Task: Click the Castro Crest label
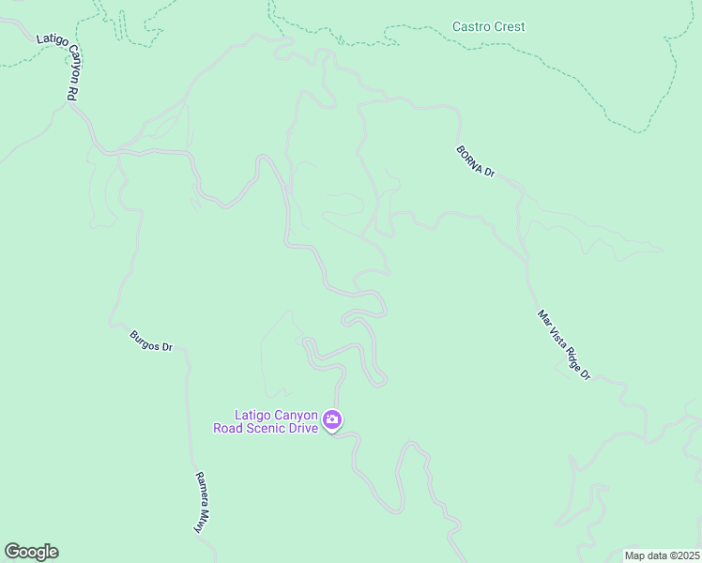tap(488, 26)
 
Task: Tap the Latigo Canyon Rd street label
tap(56, 68)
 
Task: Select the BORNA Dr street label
tap(476, 161)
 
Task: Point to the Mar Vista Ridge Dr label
tap(564, 345)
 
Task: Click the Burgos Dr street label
tap(152, 340)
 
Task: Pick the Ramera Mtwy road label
tap(200, 501)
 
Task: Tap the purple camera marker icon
tap(332, 420)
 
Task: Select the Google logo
tap(31, 552)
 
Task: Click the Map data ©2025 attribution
tap(662, 555)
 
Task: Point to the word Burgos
tap(146, 337)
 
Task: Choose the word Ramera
tap(198, 492)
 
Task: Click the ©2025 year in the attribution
tap(682, 555)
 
